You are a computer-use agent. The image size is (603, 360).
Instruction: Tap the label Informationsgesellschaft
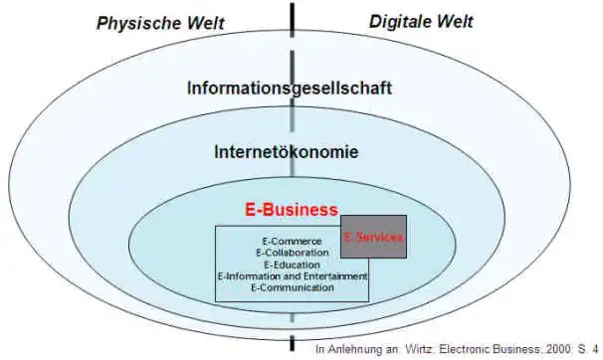point(290,88)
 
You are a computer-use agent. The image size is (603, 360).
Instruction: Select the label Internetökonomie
point(287,152)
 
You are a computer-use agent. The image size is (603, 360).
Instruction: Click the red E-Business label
point(292,210)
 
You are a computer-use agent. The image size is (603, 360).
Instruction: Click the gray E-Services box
point(373,238)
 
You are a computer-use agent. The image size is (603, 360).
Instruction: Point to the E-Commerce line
point(292,242)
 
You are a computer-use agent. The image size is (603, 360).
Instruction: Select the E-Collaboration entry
point(292,253)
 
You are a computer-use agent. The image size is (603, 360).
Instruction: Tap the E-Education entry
point(292,265)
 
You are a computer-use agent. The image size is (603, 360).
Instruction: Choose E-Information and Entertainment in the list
point(292,275)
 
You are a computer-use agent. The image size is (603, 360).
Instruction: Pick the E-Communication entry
point(292,287)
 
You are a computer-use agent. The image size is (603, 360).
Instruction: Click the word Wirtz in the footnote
point(417,350)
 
